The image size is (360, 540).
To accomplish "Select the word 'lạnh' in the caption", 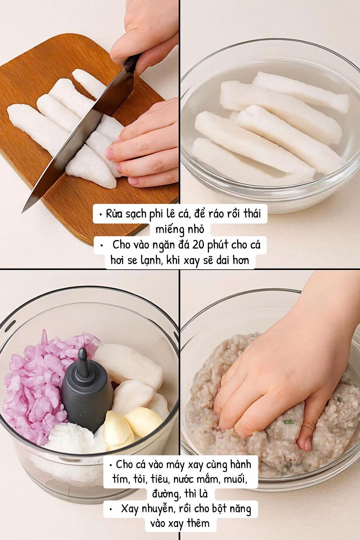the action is (x=149, y=261).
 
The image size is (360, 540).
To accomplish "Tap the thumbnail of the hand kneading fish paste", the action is (x=270, y=405).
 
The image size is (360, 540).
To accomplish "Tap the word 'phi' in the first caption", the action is (x=155, y=214).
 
